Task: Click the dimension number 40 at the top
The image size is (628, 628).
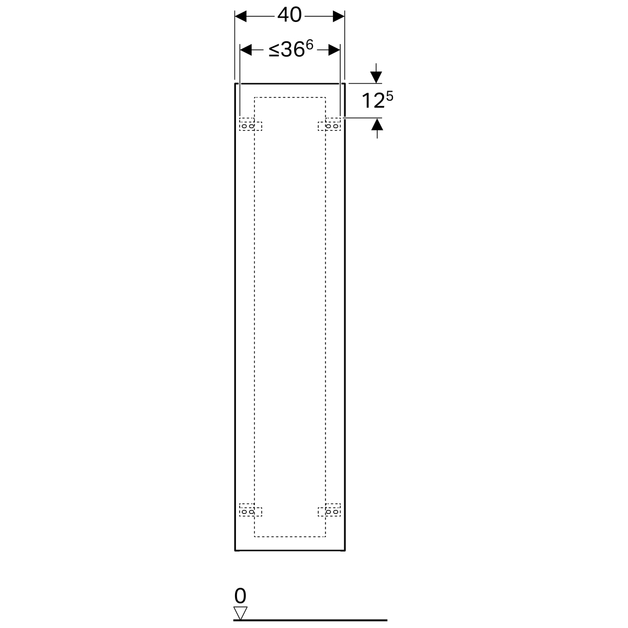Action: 289,15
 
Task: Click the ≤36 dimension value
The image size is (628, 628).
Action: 286,50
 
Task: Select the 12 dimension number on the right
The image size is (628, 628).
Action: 373,100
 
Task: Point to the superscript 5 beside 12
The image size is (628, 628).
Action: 390,96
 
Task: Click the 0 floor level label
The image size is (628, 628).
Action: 240,596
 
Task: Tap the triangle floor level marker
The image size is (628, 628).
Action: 241,613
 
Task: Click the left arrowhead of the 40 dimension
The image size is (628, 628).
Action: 241,16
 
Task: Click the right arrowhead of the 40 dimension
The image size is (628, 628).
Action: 339,16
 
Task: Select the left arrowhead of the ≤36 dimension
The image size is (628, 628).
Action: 246,50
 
